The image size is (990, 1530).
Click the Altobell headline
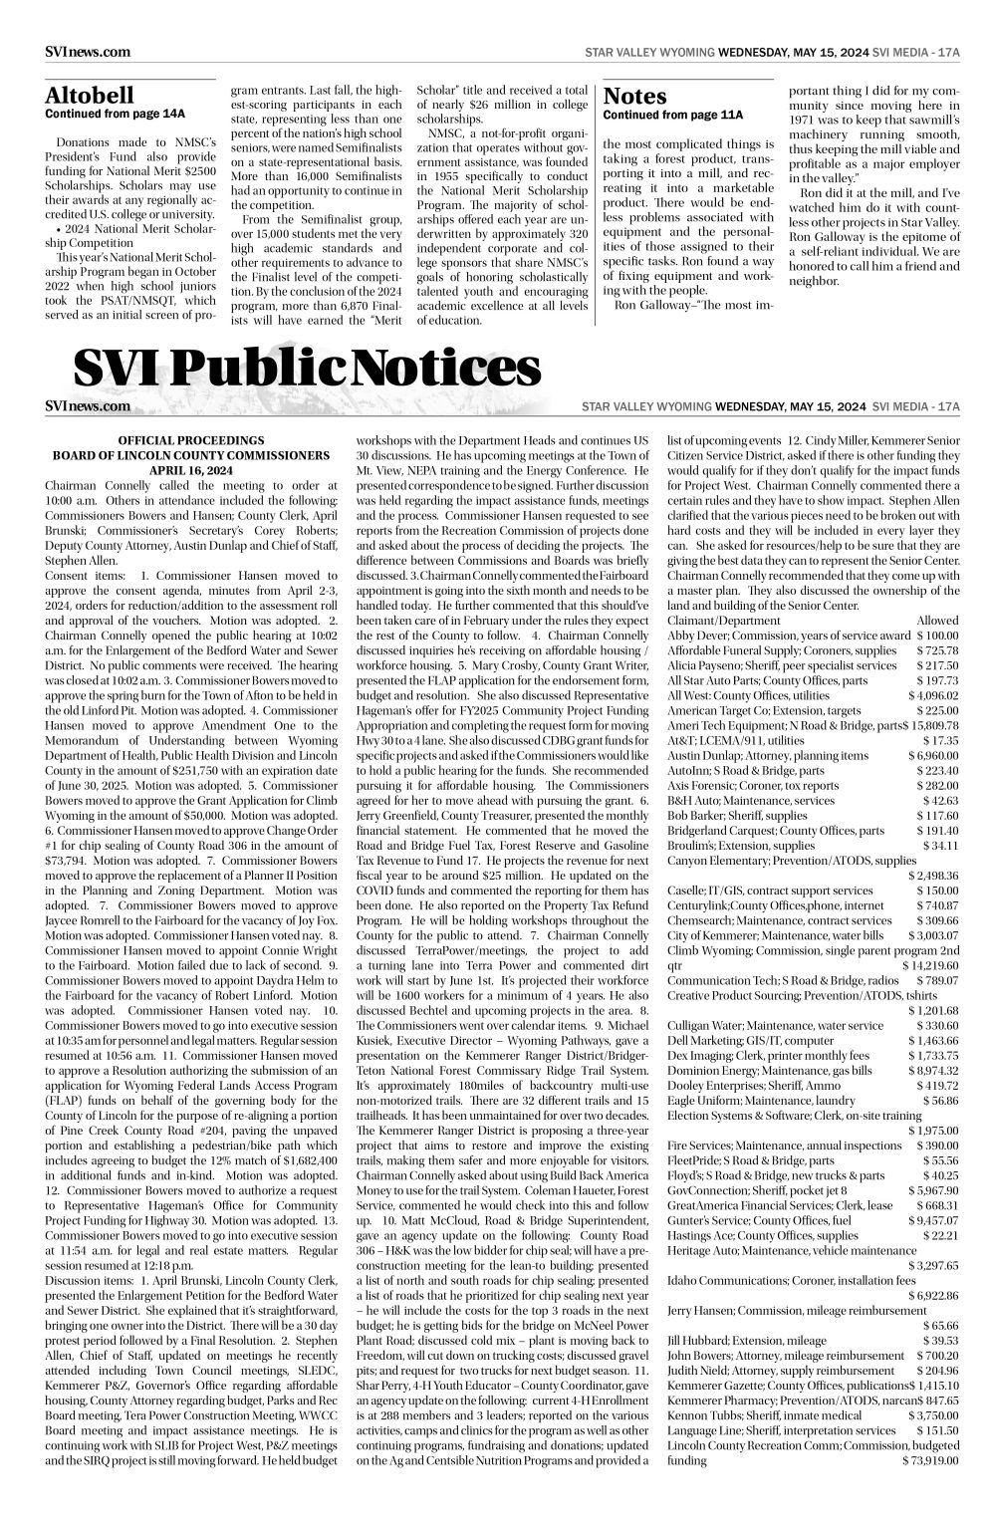tap(90, 96)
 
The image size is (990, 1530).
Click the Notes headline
tap(634, 96)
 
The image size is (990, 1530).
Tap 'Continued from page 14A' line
tap(116, 114)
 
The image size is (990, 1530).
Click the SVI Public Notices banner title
tap(307, 371)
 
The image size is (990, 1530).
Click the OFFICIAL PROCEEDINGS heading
tap(190, 439)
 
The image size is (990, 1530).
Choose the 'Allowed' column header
tap(937, 620)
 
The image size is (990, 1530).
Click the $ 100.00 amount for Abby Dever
tap(937, 636)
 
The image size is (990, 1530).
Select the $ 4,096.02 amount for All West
tap(934, 695)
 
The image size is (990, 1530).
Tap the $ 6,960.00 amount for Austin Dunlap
tap(934, 756)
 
